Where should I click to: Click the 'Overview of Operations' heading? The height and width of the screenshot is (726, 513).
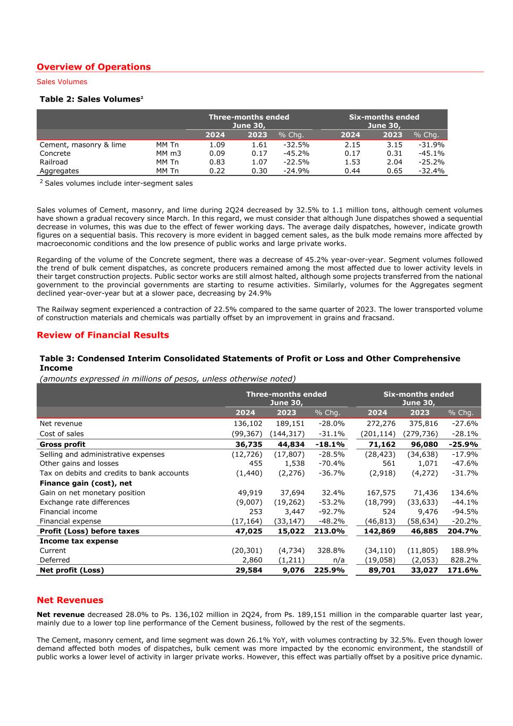[x=94, y=67]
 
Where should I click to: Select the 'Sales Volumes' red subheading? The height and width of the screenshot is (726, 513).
[x=62, y=82]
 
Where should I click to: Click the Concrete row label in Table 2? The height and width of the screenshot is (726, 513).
[x=55, y=154]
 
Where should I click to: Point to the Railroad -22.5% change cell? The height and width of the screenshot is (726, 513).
[x=296, y=162]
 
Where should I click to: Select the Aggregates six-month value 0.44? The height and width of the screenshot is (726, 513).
[x=352, y=171]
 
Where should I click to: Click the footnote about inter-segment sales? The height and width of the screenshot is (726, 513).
[x=116, y=183]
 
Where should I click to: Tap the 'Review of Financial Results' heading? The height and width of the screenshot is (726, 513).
[x=103, y=335]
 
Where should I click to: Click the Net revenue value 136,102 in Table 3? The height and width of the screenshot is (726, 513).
[x=248, y=424]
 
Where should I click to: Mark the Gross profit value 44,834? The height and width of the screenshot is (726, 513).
[x=290, y=445]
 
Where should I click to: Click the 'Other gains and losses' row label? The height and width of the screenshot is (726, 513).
[x=79, y=463]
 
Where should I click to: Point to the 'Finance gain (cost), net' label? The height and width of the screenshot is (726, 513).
[x=86, y=483]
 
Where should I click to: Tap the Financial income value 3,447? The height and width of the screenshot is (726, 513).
[x=294, y=512]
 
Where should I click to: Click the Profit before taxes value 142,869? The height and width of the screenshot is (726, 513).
[x=379, y=531]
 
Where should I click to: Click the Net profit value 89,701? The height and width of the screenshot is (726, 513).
[x=381, y=570]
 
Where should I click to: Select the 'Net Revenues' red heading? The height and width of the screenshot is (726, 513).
[x=70, y=600]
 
